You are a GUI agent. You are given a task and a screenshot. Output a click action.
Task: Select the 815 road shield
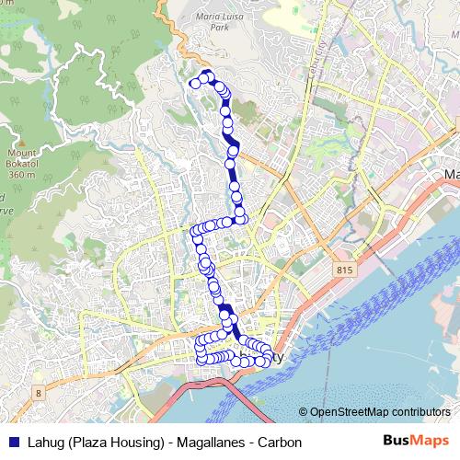coord(344,270)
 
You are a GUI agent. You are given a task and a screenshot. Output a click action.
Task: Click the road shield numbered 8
coord(38,392)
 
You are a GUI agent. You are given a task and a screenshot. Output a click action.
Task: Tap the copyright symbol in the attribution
coord(303,412)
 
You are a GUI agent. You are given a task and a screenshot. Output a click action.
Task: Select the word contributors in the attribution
coord(420,412)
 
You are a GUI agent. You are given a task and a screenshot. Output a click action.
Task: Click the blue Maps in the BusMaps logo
coord(431,442)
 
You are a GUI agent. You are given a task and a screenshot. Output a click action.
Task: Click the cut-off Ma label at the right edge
coord(451,174)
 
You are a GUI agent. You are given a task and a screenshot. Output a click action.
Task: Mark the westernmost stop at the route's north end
coord(194,84)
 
